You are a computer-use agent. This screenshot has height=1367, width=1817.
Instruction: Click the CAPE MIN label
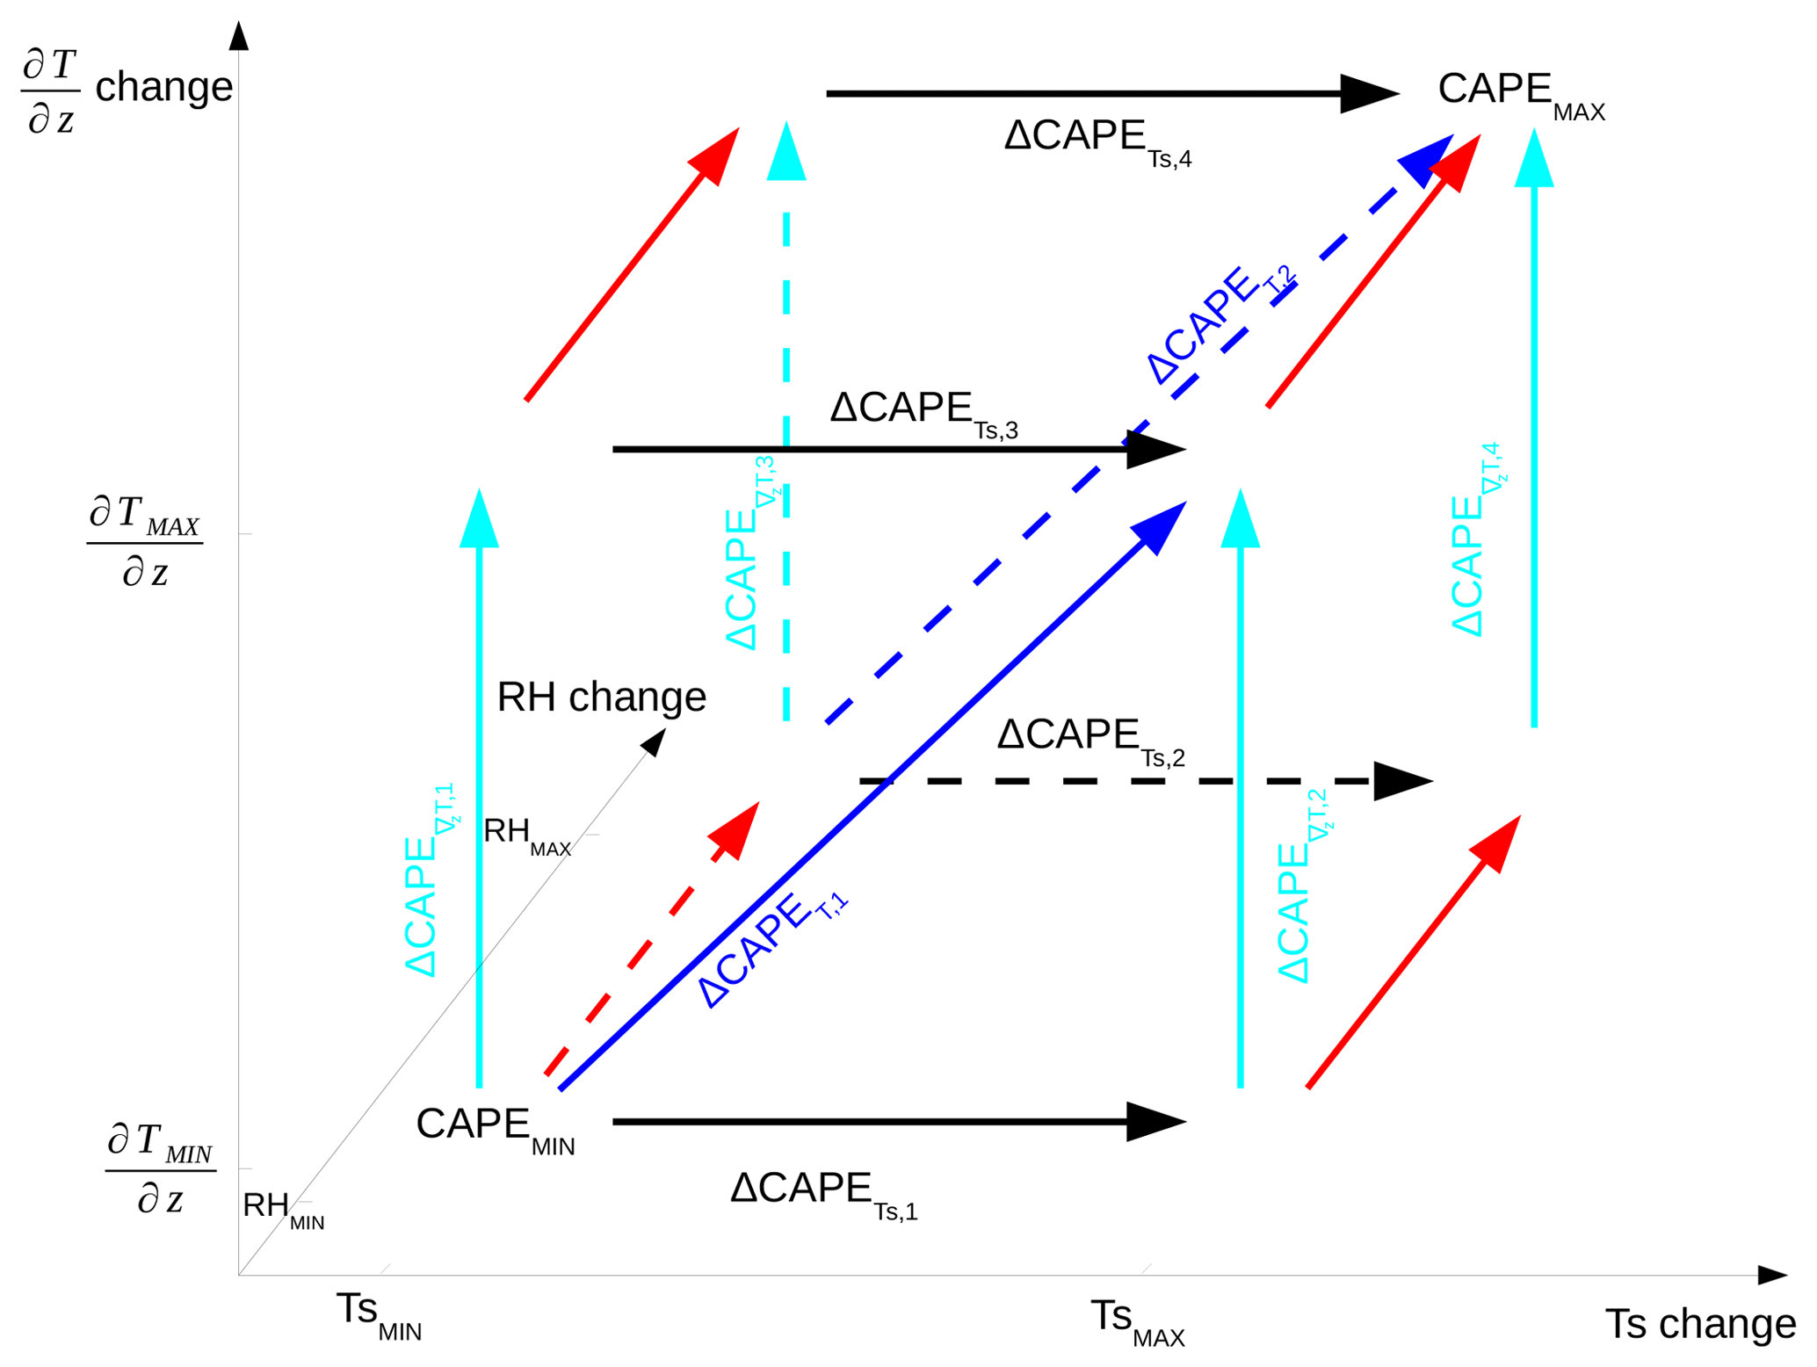click(x=495, y=1128)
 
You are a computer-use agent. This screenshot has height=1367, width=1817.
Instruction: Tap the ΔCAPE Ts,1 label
click(x=823, y=1192)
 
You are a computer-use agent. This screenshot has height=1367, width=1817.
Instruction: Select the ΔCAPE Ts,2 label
click(x=1089, y=739)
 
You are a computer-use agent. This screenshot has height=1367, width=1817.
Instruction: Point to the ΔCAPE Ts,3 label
click(x=923, y=412)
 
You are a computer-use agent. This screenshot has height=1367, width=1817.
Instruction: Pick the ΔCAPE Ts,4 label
click(x=1097, y=141)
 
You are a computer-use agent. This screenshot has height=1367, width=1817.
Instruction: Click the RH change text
click(x=601, y=698)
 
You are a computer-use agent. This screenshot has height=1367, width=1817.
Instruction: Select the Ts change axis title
click(x=1699, y=1323)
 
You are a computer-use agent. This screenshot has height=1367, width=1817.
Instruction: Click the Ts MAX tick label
click(x=1136, y=1320)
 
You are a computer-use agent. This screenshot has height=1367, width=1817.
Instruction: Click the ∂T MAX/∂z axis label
click(x=145, y=540)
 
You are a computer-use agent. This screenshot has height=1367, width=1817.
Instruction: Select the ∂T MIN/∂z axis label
click(x=160, y=1168)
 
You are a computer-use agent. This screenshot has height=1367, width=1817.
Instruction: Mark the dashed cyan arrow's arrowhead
click(x=785, y=153)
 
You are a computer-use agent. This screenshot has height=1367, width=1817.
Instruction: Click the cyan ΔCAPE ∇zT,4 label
click(x=1475, y=541)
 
